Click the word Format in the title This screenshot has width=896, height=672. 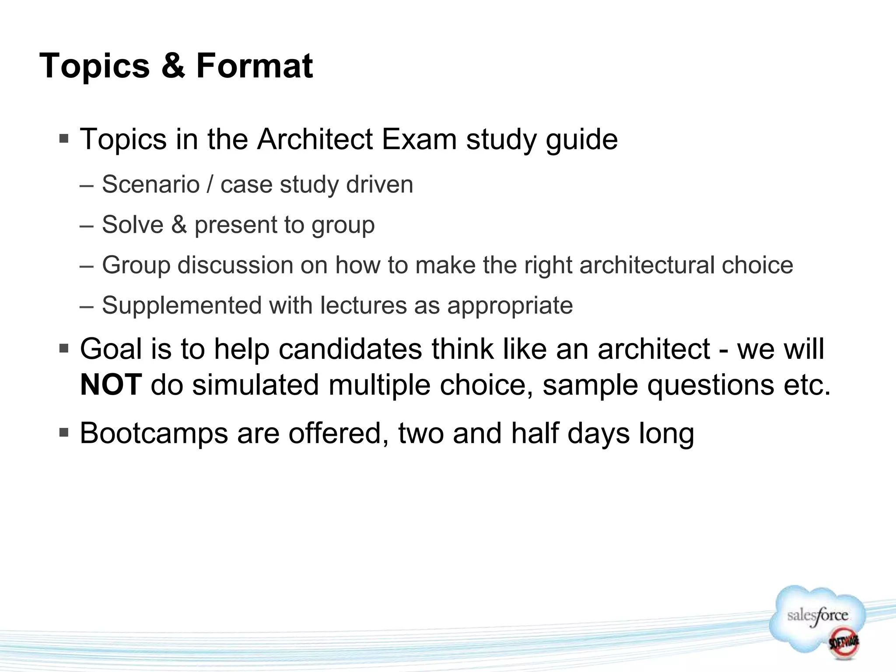[254, 66]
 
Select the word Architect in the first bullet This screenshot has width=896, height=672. [315, 140]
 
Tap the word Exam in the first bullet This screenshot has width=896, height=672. [419, 140]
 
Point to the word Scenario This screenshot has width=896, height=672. [150, 184]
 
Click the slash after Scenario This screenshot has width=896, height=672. [210, 184]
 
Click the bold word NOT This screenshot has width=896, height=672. [111, 385]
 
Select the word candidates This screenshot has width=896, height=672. [350, 349]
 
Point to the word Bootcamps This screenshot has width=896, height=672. [154, 434]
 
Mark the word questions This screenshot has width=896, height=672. [710, 385]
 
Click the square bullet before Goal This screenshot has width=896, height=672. [64, 349]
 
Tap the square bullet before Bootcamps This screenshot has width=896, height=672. [64, 433]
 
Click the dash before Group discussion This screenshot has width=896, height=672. [87, 266]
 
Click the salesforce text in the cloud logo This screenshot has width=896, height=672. [817, 616]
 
